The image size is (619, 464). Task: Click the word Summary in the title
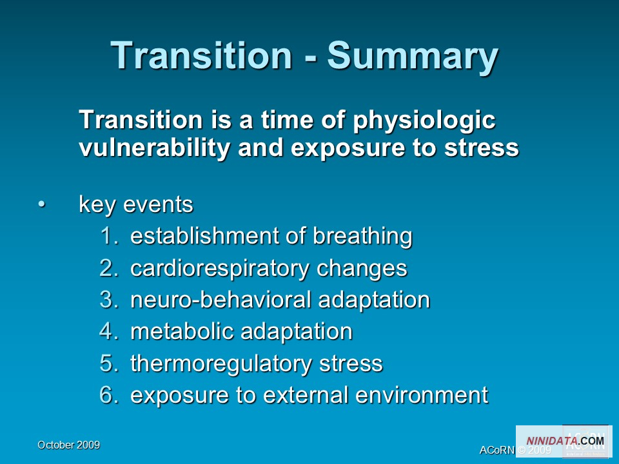pos(413,57)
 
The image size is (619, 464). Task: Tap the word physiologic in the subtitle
pos(424,121)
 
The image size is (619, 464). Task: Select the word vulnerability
pos(154,148)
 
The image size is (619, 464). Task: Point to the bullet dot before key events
pos(42,204)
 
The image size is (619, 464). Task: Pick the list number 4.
pos(109,331)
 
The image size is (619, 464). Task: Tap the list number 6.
pos(109,394)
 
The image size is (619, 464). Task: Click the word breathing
pos(362,237)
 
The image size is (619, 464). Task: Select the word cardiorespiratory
pos(219,269)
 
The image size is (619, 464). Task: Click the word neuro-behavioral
pos(221,300)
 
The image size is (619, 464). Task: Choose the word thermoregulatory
pos(221,363)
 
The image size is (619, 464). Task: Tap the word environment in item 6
pos(422,394)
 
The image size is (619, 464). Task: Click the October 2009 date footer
pos(69,445)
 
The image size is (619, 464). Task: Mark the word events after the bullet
pos(159,204)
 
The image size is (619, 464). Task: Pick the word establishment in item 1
pos(205,236)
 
